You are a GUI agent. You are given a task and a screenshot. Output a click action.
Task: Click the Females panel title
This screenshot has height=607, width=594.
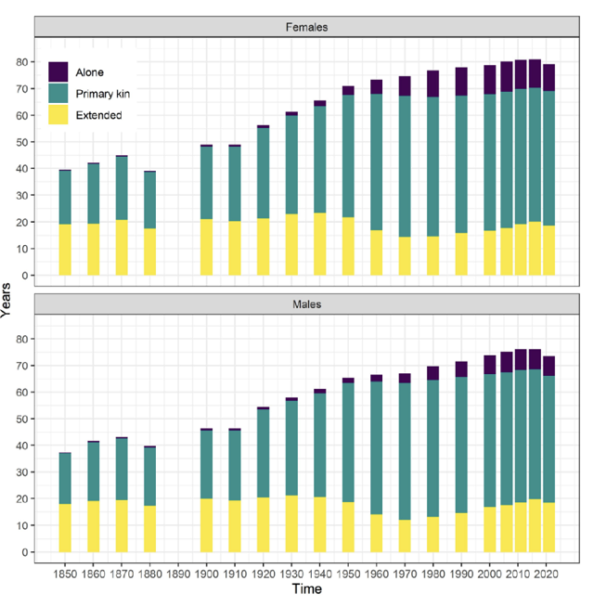coord(306,27)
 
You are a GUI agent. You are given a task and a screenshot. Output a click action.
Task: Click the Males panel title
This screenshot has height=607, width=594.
coord(306,303)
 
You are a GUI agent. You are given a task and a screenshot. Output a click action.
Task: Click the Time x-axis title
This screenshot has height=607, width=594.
coord(306,589)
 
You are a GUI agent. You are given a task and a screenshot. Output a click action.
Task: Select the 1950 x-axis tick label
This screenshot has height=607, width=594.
coord(348,573)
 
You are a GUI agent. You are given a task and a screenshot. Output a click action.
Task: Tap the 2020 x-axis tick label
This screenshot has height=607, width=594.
coord(549,573)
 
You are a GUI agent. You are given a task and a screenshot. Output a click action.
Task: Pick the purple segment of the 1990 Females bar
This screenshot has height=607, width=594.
coord(461,82)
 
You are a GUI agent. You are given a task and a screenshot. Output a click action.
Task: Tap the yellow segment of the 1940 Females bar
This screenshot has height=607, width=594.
coord(320,244)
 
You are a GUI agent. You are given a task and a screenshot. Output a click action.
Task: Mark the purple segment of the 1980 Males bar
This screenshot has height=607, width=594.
coord(433,373)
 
